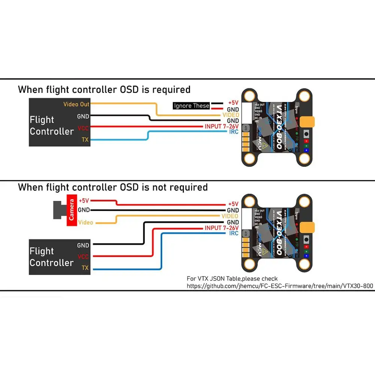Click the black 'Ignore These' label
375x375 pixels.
tap(191, 106)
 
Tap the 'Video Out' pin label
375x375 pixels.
tap(76, 104)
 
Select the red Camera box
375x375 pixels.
tap(72, 211)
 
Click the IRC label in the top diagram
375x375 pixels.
tap(234, 132)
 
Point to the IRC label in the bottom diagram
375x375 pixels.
tap(234, 233)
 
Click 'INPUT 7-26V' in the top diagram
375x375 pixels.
tap(221, 126)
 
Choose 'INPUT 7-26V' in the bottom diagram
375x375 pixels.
tap(221, 228)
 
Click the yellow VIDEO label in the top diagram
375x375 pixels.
tap(230, 115)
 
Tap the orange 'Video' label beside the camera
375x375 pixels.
tap(85, 223)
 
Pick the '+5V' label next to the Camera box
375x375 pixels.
tap(84, 201)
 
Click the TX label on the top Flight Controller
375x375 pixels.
tap(85, 140)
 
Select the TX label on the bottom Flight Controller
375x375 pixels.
tap(85, 268)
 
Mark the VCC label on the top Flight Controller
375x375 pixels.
tap(83, 128)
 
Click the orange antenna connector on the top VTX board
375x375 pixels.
tap(308, 122)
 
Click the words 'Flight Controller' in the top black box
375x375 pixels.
tap(51, 126)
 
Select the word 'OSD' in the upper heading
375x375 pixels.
tap(131, 90)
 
